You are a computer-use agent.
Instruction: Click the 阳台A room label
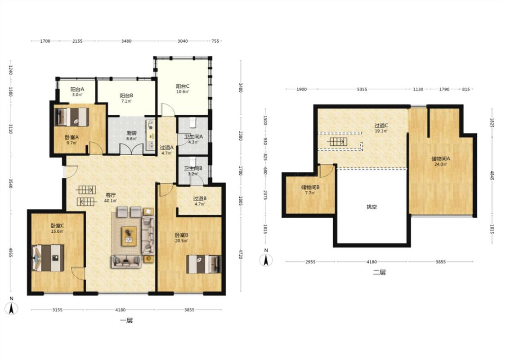pos(77,89)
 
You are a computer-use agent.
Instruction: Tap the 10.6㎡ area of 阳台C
pos(182,92)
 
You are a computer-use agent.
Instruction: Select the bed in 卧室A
pos(72,117)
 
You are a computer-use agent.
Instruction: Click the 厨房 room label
pos(131,133)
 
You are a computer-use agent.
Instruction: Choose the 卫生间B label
pos(193,168)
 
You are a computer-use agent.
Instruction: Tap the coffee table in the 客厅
pos(129,236)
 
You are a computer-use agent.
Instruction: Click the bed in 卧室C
pos(48,258)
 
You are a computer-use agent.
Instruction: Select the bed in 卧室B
pos(204,264)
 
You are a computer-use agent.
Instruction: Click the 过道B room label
pos(200,198)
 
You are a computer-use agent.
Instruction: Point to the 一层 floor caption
pos(126,320)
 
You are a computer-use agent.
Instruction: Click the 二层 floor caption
pos(379,272)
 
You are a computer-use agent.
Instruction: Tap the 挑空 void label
pos(372,207)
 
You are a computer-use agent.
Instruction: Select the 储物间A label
pos(440,158)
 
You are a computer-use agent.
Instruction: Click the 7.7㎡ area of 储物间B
pos(310,193)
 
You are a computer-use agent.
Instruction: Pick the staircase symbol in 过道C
pos(337,141)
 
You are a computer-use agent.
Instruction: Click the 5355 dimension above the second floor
pos(362,89)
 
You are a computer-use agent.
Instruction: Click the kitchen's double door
pos(131,149)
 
